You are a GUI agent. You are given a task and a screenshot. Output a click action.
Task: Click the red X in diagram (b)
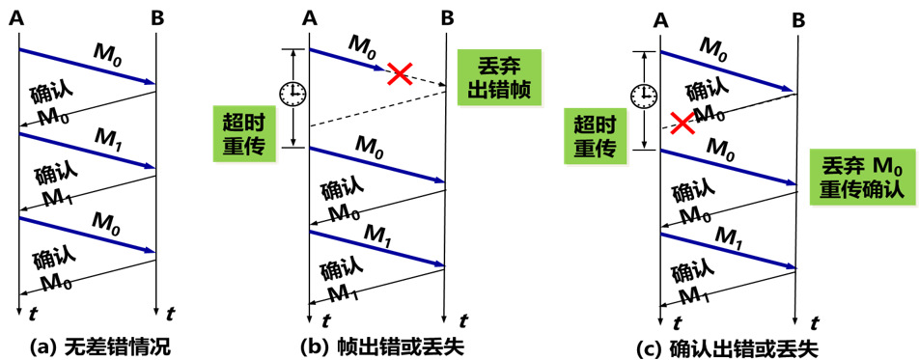click(x=400, y=72)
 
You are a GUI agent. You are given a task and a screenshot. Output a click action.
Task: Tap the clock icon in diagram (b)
click(x=292, y=94)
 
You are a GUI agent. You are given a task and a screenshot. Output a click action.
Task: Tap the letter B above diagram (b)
click(x=446, y=17)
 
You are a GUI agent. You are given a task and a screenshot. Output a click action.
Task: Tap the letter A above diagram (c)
click(x=660, y=19)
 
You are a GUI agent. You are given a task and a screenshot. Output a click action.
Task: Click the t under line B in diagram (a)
click(x=170, y=314)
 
